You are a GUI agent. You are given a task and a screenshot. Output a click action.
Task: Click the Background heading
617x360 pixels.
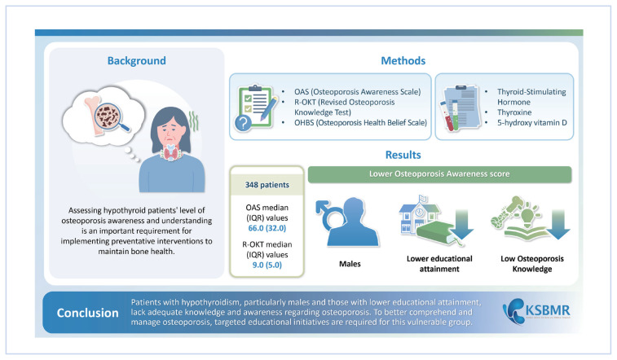135,60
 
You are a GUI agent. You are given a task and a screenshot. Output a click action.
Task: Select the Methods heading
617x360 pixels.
403,60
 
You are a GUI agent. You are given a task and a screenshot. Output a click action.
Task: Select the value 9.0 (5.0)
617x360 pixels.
267,266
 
